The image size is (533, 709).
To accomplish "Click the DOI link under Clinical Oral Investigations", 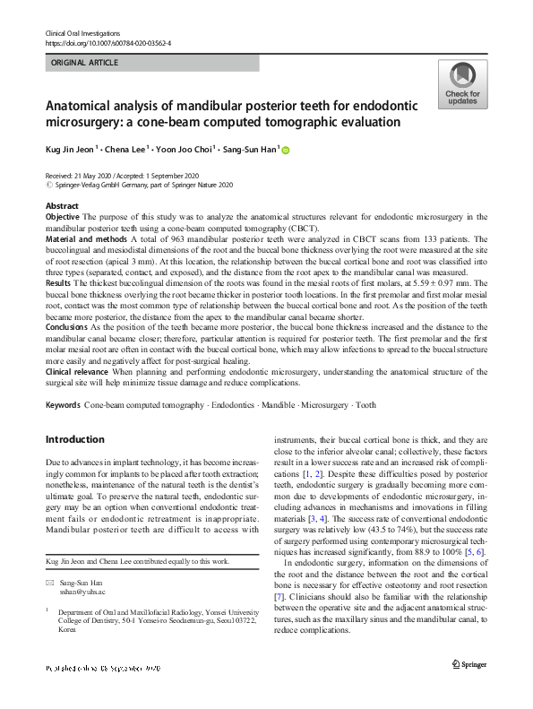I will [107, 43].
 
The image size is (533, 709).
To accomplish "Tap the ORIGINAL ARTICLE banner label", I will [85, 63].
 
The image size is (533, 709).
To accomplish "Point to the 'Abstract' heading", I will [62, 207].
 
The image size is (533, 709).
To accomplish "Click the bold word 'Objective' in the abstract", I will [63, 217].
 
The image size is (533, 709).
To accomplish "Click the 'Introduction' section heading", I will [74, 439].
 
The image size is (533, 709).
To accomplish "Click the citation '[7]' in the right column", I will [279, 596].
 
